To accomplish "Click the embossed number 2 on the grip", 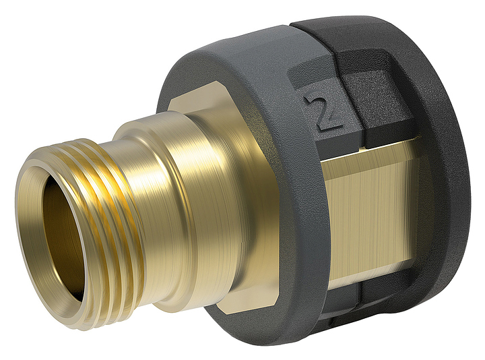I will [x=316, y=111].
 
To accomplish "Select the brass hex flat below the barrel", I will [x=236, y=297].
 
